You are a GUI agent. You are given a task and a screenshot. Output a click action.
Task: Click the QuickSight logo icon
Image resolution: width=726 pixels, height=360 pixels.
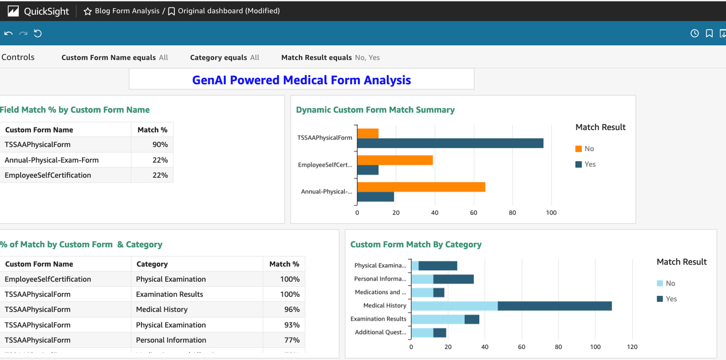point(13,11)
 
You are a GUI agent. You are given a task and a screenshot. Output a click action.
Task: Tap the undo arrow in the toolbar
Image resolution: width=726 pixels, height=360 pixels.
point(8,33)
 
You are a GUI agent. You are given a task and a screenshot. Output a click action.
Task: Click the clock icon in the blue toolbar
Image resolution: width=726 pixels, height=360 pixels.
point(694,33)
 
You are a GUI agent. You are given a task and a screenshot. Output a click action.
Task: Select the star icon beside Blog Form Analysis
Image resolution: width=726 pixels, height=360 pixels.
point(88,11)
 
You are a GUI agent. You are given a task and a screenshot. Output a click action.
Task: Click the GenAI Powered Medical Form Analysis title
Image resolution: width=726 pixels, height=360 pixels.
point(301,80)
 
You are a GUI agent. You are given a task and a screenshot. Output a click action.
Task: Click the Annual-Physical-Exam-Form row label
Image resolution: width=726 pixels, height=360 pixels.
point(51,160)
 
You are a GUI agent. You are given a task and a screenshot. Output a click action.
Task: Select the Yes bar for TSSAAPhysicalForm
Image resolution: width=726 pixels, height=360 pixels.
point(450,143)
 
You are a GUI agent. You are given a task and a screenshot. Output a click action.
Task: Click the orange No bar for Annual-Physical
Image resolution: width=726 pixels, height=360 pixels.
point(421,187)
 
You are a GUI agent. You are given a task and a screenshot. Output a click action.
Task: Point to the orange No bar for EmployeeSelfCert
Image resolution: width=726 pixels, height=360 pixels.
point(395,160)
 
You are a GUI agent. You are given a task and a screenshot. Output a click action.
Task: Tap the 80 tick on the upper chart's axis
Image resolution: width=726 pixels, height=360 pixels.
point(512,213)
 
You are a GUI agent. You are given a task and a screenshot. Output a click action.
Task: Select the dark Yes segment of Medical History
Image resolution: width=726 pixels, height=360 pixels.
point(555,306)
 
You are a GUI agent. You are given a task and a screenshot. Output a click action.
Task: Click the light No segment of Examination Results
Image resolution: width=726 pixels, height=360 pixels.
point(438,319)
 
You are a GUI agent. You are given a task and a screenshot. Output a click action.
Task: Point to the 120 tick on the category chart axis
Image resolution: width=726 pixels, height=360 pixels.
point(632,347)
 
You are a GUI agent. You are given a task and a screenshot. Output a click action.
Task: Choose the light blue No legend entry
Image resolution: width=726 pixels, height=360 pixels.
point(666,283)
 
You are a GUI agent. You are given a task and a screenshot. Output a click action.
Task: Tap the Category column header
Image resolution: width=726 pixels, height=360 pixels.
point(152,264)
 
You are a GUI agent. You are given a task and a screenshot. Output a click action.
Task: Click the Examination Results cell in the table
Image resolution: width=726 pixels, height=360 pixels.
point(169,294)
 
